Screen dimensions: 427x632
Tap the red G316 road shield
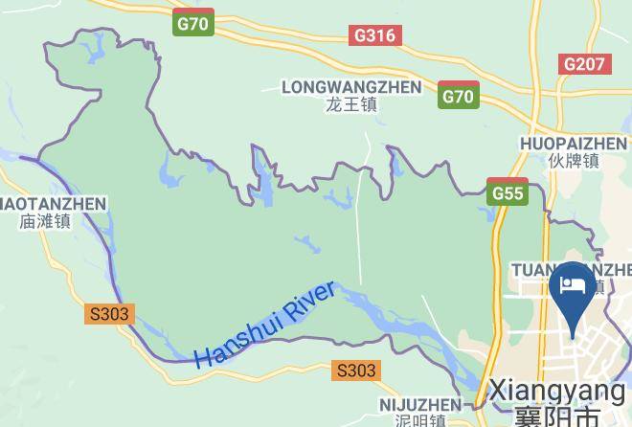374,35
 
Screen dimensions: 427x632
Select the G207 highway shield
584,64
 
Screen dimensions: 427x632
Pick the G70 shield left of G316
194,23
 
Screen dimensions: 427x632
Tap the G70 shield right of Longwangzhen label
459,96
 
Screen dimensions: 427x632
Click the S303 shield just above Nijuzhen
356,371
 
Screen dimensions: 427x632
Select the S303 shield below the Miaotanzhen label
109,313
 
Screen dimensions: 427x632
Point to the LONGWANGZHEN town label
351,87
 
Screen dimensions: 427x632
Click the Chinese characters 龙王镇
350,104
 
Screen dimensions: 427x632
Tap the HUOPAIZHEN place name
573,144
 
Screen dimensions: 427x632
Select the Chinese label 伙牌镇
573,161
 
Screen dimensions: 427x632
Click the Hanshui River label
265,326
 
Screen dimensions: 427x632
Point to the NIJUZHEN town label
419,405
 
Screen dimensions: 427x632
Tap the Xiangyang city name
556,391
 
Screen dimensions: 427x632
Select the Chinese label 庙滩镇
45,221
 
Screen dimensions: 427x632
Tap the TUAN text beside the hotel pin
535,269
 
